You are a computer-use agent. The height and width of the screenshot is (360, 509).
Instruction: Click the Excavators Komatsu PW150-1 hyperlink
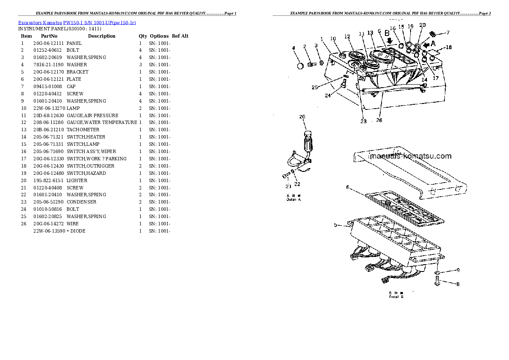tap(77, 22)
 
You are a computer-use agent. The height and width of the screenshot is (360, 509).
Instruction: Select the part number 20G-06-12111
tap(48, 43)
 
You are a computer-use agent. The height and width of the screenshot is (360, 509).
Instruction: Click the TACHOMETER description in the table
tap(83, 130)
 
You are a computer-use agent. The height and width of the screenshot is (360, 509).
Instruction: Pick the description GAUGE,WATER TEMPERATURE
tap(102, 122)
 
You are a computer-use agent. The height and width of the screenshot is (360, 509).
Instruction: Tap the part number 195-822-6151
tap(48, 180)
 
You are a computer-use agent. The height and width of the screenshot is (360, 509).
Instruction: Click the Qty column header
tap(142, 36)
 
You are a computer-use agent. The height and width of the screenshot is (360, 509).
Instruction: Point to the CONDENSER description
tap(81, 202)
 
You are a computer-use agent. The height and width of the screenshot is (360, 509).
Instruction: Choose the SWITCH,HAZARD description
tap(86, 173)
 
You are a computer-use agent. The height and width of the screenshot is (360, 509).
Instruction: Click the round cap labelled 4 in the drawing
tap(300, 66)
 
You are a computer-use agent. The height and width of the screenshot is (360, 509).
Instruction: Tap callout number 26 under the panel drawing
tap(379, 121)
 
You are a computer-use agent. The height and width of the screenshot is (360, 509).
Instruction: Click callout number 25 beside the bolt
tap(314, 87)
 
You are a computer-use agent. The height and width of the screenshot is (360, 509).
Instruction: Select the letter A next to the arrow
tap(432, 43)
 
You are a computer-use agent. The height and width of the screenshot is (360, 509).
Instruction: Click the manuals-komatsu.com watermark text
tap(410, 156)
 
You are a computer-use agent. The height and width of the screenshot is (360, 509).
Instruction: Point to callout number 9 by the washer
tap(458, 270)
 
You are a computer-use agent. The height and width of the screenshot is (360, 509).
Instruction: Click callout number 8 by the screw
tap(458, 283)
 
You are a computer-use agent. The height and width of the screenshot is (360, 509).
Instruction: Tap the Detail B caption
tap(396, 297)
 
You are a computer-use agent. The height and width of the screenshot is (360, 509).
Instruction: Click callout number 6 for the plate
tap(348, 187)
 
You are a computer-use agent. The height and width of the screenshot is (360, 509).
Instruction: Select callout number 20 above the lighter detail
tap(302, 117)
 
